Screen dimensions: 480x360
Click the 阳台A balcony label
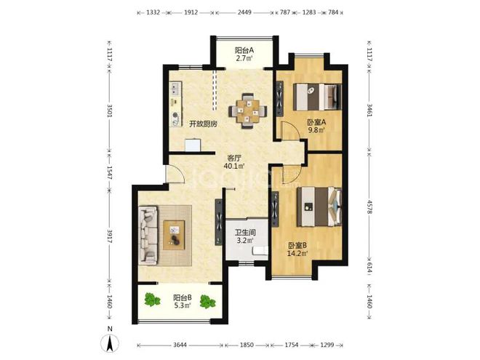pos(244,50)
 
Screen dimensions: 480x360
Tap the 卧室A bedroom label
pos(316,122)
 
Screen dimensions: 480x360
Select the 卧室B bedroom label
pos(297,246)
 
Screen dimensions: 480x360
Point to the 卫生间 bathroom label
pos(245,233)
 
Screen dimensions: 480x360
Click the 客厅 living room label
pos(234,159)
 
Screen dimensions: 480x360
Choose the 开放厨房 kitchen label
pos(203,124)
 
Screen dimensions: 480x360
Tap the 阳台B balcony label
pos(183,297)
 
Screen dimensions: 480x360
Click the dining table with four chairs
pos(248,111)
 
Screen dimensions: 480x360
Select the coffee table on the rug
pos(174,235)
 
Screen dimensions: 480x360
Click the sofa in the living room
pos(148,235)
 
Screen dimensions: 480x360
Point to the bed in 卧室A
pos(317,97)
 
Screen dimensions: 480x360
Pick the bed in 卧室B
pos(319,207)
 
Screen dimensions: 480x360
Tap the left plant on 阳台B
pos(152,300)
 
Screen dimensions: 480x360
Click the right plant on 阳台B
pos(208,302)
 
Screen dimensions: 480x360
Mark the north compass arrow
pos(111,343)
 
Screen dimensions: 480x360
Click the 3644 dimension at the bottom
pos(180,345)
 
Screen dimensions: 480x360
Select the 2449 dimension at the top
pos(244,12)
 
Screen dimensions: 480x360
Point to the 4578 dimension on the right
pos(369,207)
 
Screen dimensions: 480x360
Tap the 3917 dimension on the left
pos(110,236)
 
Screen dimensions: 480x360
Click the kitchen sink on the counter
pos(175,88)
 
